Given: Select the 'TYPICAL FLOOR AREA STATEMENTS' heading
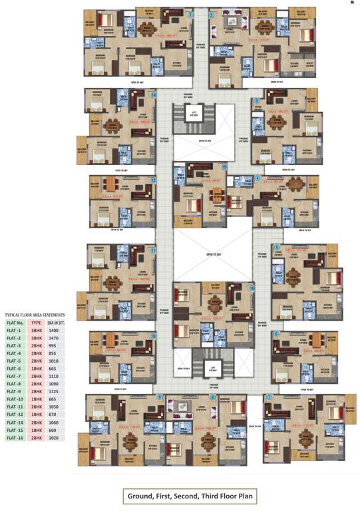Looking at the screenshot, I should pyautogui.click(x=35, y=313).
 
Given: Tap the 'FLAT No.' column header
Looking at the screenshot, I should pyautogui.click(x=15, y=322).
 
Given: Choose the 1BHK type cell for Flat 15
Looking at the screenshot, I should pyautogui.click(x=36, y=430).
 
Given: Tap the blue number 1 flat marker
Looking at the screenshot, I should pyautogui.click(x=191, y=15).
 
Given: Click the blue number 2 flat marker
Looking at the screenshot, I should pyautogui.click(x=212, y=15).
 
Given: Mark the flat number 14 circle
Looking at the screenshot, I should pyautogui.click(x=154, y=95).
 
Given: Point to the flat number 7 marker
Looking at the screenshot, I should pyautogui.click(x=269, y=397).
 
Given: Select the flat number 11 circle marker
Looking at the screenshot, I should pyautogui.click(x=154, y=251).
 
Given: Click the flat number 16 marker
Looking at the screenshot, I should pyautogui.click(x=252, y=289).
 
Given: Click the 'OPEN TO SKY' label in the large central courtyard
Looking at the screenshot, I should pyautogui.click(x=213, y=254).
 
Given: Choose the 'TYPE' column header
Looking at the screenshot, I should pyautogui.click(x=36, y=322).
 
